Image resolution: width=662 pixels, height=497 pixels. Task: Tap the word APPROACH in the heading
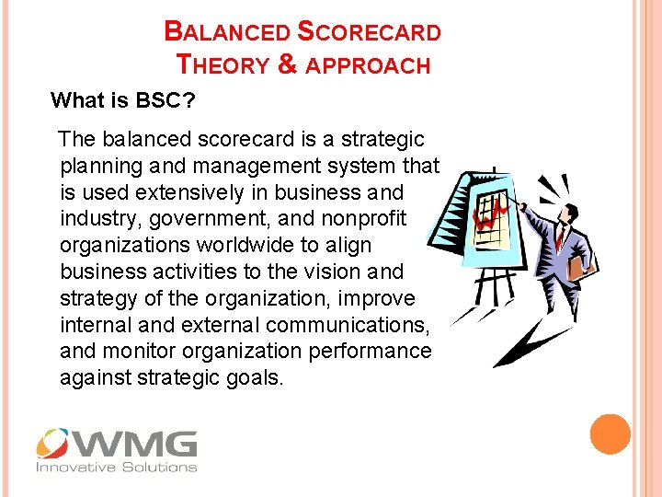point(369,65)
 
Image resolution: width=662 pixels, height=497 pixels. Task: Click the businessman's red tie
point(560,237)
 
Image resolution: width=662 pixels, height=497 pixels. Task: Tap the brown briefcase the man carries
point(578,268)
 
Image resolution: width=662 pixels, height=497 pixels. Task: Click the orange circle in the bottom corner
point(611,433)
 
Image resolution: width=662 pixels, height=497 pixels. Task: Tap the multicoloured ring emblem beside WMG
point(53,445)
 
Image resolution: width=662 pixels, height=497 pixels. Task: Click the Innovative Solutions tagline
point(116,467)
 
